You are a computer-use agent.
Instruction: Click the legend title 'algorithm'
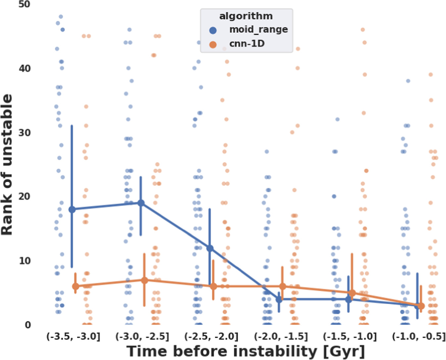click(246, 16)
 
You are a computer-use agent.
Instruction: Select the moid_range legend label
click(258, 29)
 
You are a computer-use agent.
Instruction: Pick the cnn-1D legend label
click(247, 44)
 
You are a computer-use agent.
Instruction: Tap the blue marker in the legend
click(213, 30)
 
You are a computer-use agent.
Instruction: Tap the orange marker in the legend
click(213, 45)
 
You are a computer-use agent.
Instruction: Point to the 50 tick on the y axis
click(24, 5)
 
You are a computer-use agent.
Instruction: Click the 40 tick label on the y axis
click(24, 69)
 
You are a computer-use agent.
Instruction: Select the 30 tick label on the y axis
click(24, 133)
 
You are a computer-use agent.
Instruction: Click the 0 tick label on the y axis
click(28, 325)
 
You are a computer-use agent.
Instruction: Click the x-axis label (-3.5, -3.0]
click(73, 337)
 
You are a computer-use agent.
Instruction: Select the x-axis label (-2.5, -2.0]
click(211, 337)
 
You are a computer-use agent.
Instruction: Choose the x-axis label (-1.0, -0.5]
click(419, 337)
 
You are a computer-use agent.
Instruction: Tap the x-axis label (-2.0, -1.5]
click(280, 337)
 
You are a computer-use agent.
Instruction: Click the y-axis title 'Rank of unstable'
click(7, 165)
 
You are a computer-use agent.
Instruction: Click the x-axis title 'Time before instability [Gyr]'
click(246, 351)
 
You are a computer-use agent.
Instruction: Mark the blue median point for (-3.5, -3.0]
click(72, 209)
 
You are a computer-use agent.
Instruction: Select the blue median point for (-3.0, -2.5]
click(141, 203)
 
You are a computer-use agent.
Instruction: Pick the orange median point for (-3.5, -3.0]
click(75, 286)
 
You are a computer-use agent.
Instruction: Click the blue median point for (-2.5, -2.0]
click(210, 248)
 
